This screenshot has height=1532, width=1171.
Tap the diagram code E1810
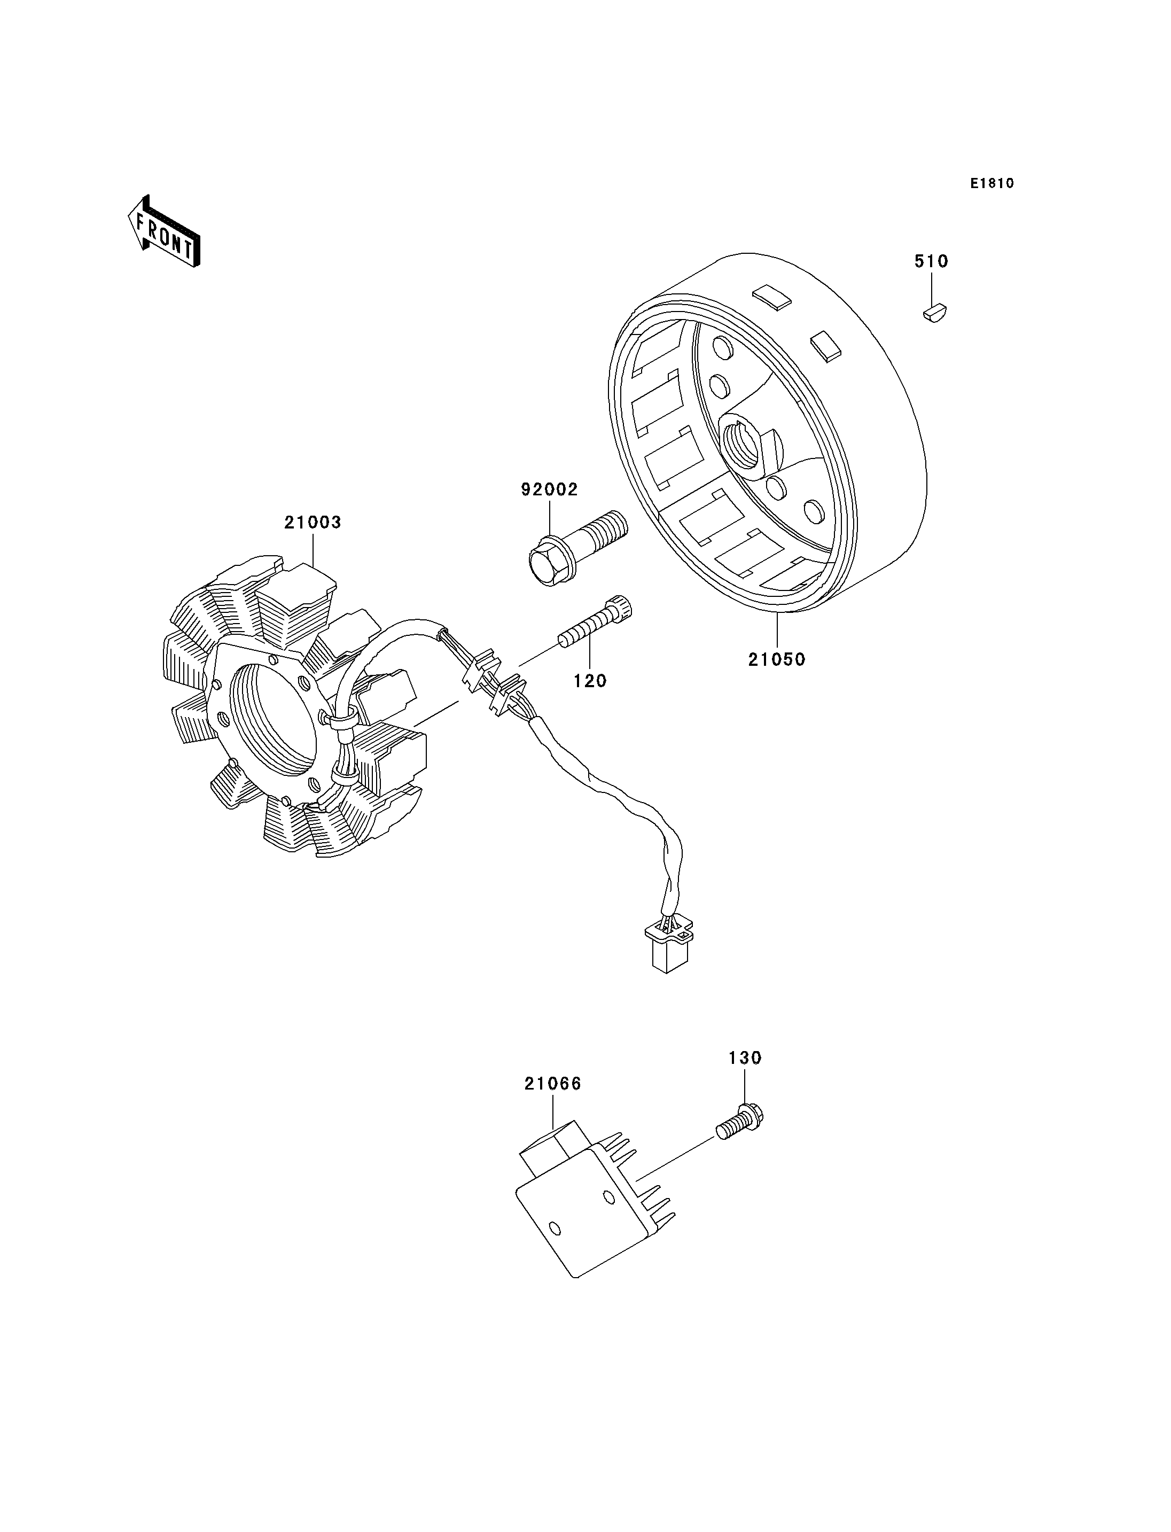(x=991, y=183)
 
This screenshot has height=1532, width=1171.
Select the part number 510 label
(x=931, y=261)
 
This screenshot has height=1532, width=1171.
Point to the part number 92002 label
(x=549, y=489)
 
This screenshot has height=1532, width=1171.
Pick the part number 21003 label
(x=313, y=522)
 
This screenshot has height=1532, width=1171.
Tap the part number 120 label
(x=590, y=681)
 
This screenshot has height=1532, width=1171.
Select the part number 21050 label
(x=777, y=659)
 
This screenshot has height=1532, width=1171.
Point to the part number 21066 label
(x=553, y=1084)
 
